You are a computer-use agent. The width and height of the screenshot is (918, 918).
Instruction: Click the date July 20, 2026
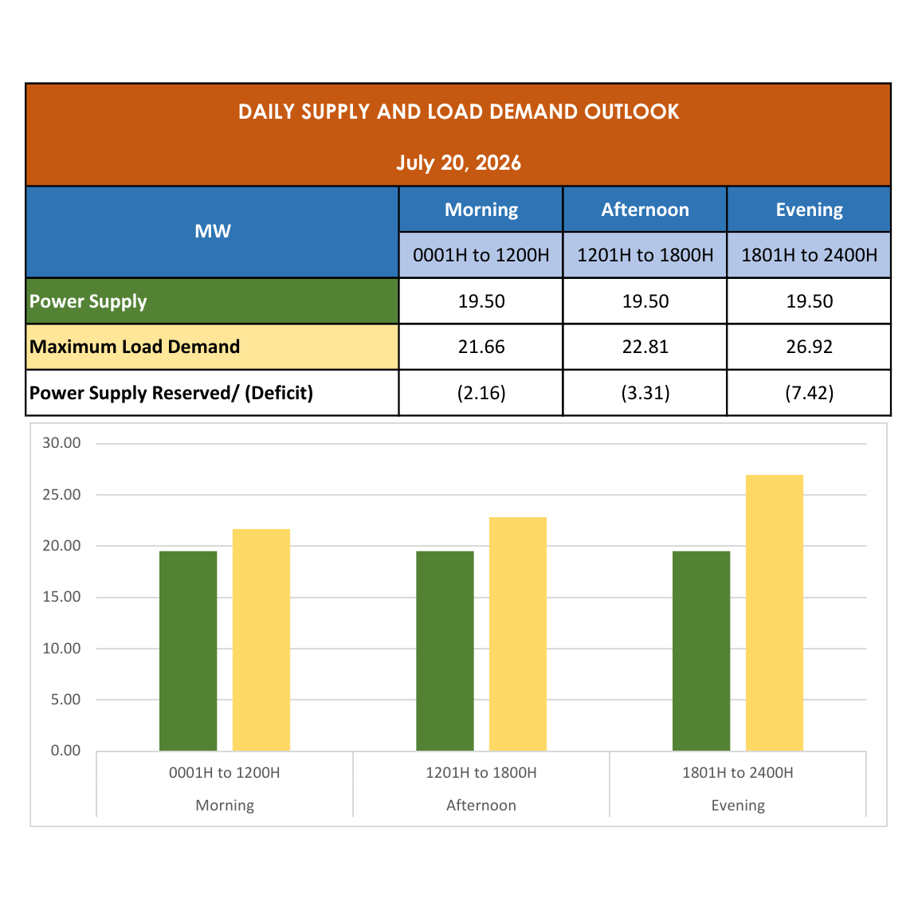[x=458, y=163]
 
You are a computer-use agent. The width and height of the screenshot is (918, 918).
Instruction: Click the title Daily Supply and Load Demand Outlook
[x=458, y=112]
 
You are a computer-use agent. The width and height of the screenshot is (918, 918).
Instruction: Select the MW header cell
[x=213, y=232]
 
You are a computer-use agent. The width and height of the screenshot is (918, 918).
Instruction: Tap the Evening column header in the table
[x=809, y=210]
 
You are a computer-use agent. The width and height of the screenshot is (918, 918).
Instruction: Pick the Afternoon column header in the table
[x=645, y=210]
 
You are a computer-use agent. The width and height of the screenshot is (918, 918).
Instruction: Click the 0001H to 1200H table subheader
[x=481, y=255]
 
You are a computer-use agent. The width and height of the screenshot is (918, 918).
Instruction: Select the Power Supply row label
[x=88, y=301]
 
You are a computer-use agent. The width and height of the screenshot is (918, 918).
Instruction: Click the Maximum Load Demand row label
[x=135, y=347]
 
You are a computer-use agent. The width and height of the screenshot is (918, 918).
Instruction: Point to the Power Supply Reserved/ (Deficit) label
[x=171, y=393]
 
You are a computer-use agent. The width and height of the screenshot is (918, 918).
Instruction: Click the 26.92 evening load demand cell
[x=809, y=347]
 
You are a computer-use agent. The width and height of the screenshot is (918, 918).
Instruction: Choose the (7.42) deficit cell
[x=809, y=393]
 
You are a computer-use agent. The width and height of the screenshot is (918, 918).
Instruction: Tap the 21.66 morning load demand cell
[x=481, y=347]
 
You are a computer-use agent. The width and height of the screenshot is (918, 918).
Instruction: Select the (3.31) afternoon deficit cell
[x=645, y=393]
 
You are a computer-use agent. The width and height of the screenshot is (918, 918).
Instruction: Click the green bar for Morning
[x=188, y=651]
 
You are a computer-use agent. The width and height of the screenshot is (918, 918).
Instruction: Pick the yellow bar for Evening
[x=775, y=613]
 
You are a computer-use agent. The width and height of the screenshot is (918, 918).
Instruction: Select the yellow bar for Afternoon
[x=518, y=634]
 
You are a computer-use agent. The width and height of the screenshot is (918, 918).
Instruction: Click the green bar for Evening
[x=701, y=651]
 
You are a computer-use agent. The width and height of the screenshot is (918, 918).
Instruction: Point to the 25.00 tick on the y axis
[x=61, y=495]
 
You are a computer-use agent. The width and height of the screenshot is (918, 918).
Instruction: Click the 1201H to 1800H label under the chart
[x=481, y=773]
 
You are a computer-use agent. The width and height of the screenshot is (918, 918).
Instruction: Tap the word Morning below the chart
[x=225, y=806]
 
